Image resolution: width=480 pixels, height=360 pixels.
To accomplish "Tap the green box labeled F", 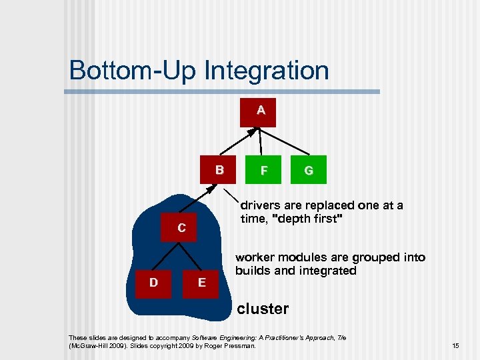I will (x=264, y=171).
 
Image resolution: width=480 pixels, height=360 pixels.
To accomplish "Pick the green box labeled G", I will (x=309, y=171).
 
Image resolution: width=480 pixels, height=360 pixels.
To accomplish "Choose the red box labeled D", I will (x=154, y=282).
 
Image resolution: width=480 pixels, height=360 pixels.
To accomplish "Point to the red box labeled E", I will (x=202, y=282).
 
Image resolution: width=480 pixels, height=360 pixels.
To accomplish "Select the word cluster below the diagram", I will (x=263, y=309).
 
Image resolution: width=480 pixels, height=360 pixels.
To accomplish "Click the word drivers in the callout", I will (x=262, y=205).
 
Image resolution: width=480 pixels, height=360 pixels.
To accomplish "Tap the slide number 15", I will (x=455, y=346).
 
